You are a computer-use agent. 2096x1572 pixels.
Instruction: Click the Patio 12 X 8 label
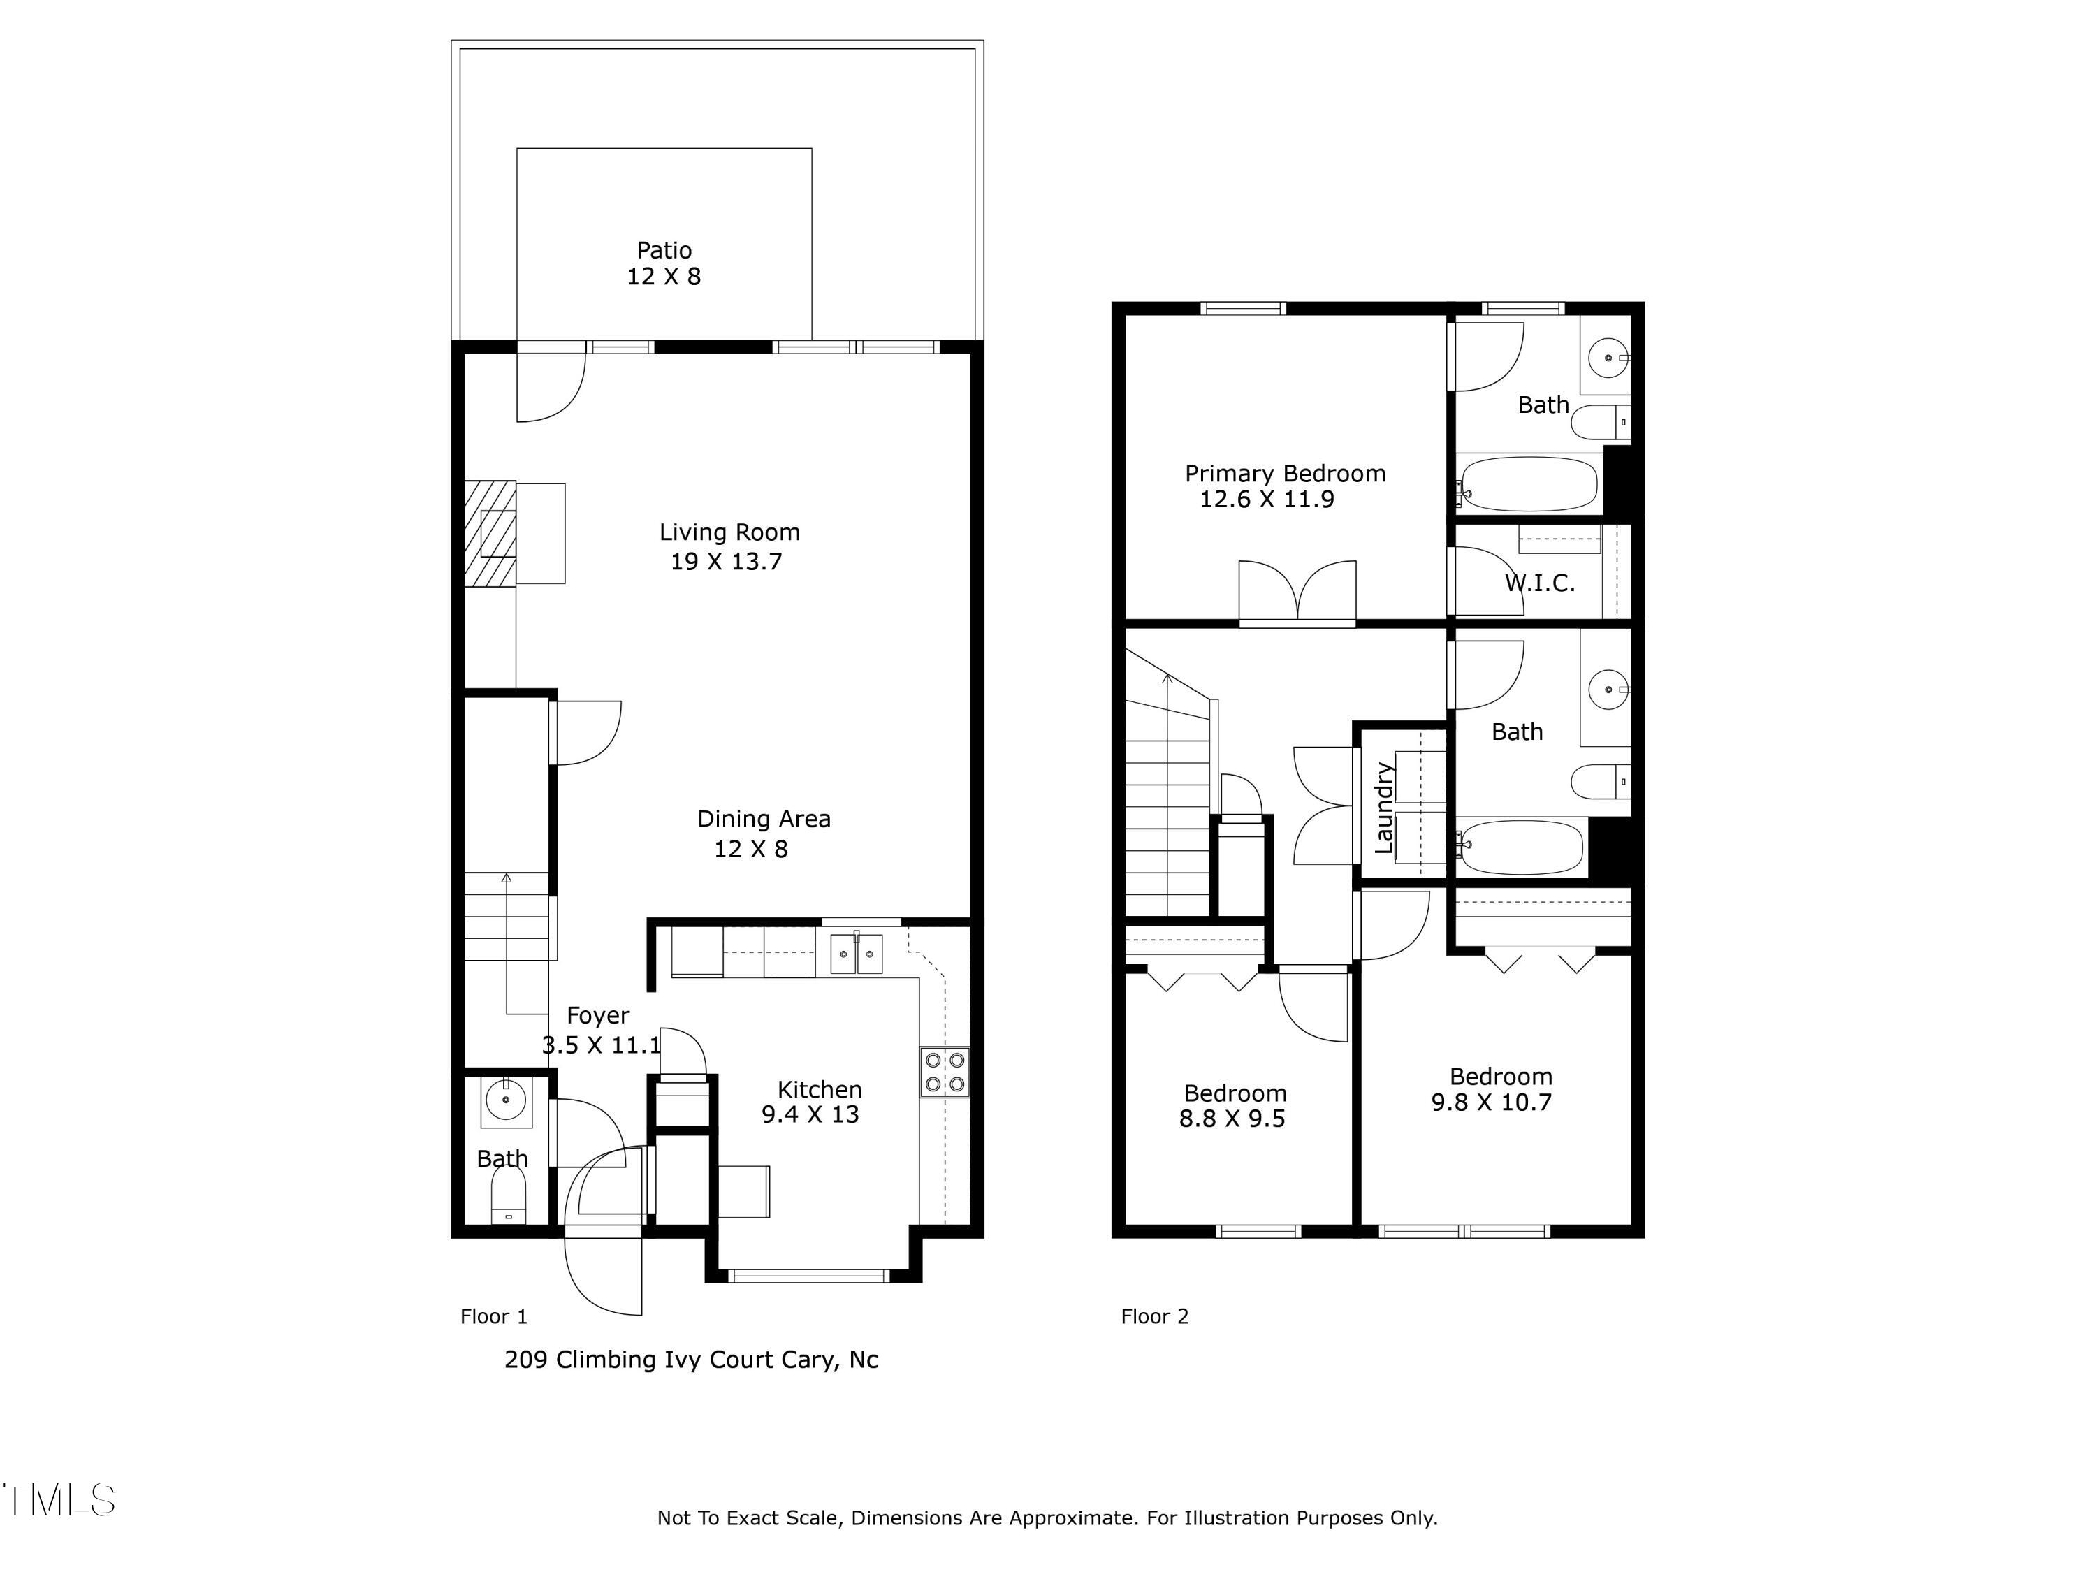click(x=663, y=263)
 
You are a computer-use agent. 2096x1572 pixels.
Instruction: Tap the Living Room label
click(x=729, y=532)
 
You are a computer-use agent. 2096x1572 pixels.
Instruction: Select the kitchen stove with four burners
click(x=944, y=1072)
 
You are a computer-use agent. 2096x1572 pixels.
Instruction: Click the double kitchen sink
click(x=857, y=954)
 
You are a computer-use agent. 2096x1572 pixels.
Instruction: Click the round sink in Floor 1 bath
click(x=506, y=1100)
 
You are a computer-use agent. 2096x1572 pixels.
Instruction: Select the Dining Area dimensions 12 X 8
click(x=750, y=849)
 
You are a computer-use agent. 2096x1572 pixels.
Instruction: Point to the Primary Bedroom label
click(x=1285, y=474)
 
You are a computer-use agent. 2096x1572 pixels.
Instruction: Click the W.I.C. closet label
click(x=1539, y=583)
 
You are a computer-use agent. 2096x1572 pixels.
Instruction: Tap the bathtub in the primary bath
click(x=1527, y=484)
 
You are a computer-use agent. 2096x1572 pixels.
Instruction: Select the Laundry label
click(x=1383, y=808)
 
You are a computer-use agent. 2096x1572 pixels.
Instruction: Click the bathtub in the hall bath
click(x=1522, y=847)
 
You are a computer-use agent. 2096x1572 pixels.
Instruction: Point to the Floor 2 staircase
click(x=1167, y=806)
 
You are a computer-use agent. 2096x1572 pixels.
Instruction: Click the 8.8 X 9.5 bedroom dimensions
click(x=1232, y=1119)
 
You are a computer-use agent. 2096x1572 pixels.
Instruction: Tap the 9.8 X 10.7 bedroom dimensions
click(x=1492, y=1102)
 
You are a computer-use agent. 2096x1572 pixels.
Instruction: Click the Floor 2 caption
click(x=1154, y=1316)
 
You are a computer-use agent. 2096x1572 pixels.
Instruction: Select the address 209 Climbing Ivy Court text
click(x=691, y=1360)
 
